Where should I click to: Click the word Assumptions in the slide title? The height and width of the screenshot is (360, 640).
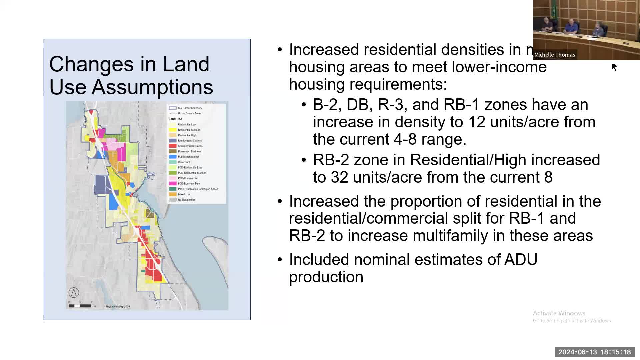(x=152, y=87)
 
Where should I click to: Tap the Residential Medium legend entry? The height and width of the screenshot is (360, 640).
(x=189, y=130)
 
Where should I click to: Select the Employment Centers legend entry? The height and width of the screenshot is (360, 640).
(x=189, y=141)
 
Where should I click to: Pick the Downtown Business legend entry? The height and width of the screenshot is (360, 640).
(x=189, y=151)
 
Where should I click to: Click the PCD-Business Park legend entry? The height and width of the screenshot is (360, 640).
(x=189, y=184)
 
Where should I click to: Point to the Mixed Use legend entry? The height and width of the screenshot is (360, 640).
(x=184, y=194)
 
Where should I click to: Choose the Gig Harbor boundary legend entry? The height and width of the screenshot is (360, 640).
(x=189, y=108)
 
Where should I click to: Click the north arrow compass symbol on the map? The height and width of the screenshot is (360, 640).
(x=74, y=293)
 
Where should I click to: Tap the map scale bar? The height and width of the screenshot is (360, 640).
(x=80, y=306)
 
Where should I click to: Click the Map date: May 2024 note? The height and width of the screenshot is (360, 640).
(x=118, y=307)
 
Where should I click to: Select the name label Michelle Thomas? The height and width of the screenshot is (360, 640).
(x=555, y=55)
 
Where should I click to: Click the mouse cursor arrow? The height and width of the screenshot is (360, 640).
(x=615, y=67)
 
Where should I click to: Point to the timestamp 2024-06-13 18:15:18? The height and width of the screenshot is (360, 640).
(x=594, y=352)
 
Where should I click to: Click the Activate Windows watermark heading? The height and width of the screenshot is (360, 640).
(x=559, y=313)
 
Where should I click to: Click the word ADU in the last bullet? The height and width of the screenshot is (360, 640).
(x=521, y=260)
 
